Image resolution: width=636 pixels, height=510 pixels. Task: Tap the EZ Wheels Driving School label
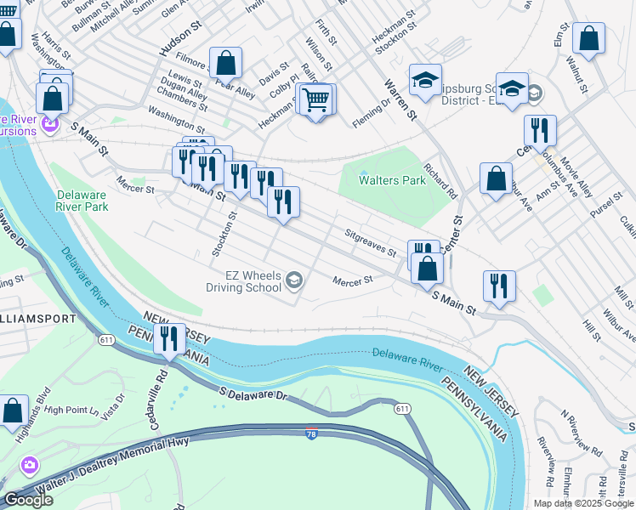click(243, 280)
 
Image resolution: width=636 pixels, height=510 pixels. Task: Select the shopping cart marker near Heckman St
click(316, 100)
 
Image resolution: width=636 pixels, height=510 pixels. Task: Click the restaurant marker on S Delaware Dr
click(169, 340)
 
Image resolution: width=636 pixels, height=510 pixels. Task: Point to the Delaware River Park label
click(82, 200)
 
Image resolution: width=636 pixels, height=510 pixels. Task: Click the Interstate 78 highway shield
click(311, 433)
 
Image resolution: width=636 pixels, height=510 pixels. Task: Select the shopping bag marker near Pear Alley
click(226, 63)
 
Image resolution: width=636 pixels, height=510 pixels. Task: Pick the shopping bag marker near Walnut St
click(588, 38)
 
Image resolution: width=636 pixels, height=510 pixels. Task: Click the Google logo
click(28, 500)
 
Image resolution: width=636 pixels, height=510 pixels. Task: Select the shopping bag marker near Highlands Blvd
click(13, 411)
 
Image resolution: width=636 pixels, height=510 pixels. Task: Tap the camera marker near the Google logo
click(30, 465)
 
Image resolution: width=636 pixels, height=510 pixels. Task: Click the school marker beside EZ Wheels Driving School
click(294, 280)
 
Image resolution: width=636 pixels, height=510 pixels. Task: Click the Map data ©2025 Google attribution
click(582, 503)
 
